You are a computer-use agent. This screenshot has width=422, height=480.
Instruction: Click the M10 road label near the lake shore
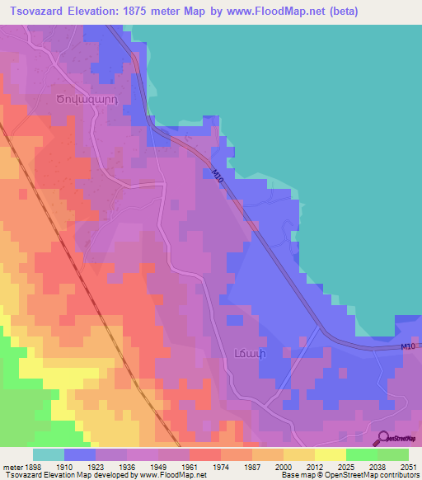pos(218,176)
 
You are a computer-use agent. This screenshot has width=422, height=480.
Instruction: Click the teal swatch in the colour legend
pos(48,454)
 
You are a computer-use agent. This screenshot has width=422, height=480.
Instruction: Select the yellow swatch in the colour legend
pos(330,454)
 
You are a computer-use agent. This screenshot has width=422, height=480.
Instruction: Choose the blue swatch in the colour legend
pos(79,454)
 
